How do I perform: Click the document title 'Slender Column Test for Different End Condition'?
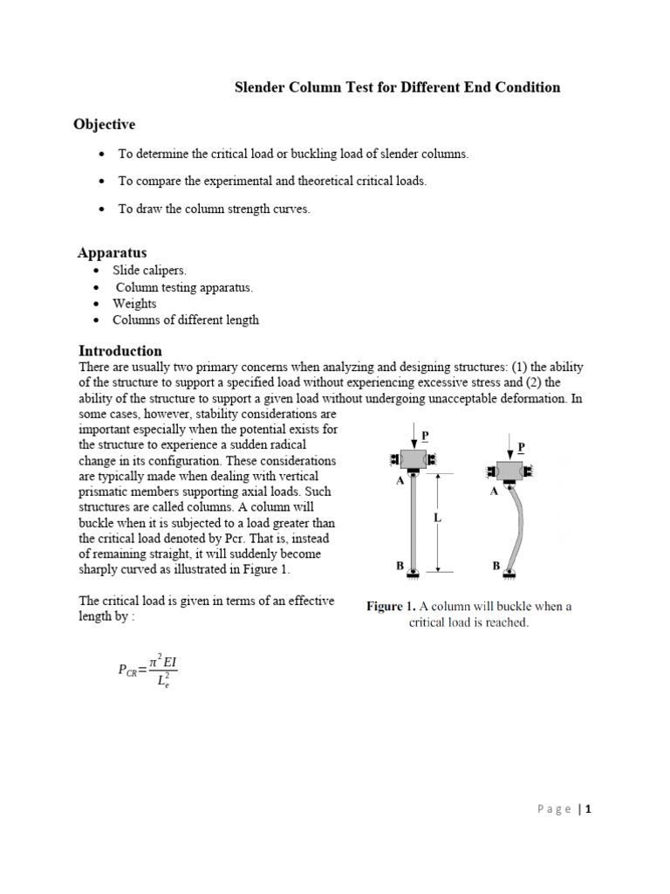tap(399, 87)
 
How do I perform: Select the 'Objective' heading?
tap(104, 125)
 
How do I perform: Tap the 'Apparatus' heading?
tap(112, 253)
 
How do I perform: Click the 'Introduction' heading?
tap(120, 351)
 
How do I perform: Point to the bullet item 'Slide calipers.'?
tap(149, 271)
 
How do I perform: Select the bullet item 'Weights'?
tap(134, 303)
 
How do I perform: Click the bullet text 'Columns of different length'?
tap(186, 320)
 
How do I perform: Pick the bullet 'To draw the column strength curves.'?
tap(214, 210)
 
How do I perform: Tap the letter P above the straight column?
tap(425, 434)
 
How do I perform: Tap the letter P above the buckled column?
tap(521, 446)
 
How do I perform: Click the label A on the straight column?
tap(399, 479)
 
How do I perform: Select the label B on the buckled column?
tap(496, 566)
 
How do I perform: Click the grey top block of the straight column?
tap(414, 460)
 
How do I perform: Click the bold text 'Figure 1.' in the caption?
tap(390, 607)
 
